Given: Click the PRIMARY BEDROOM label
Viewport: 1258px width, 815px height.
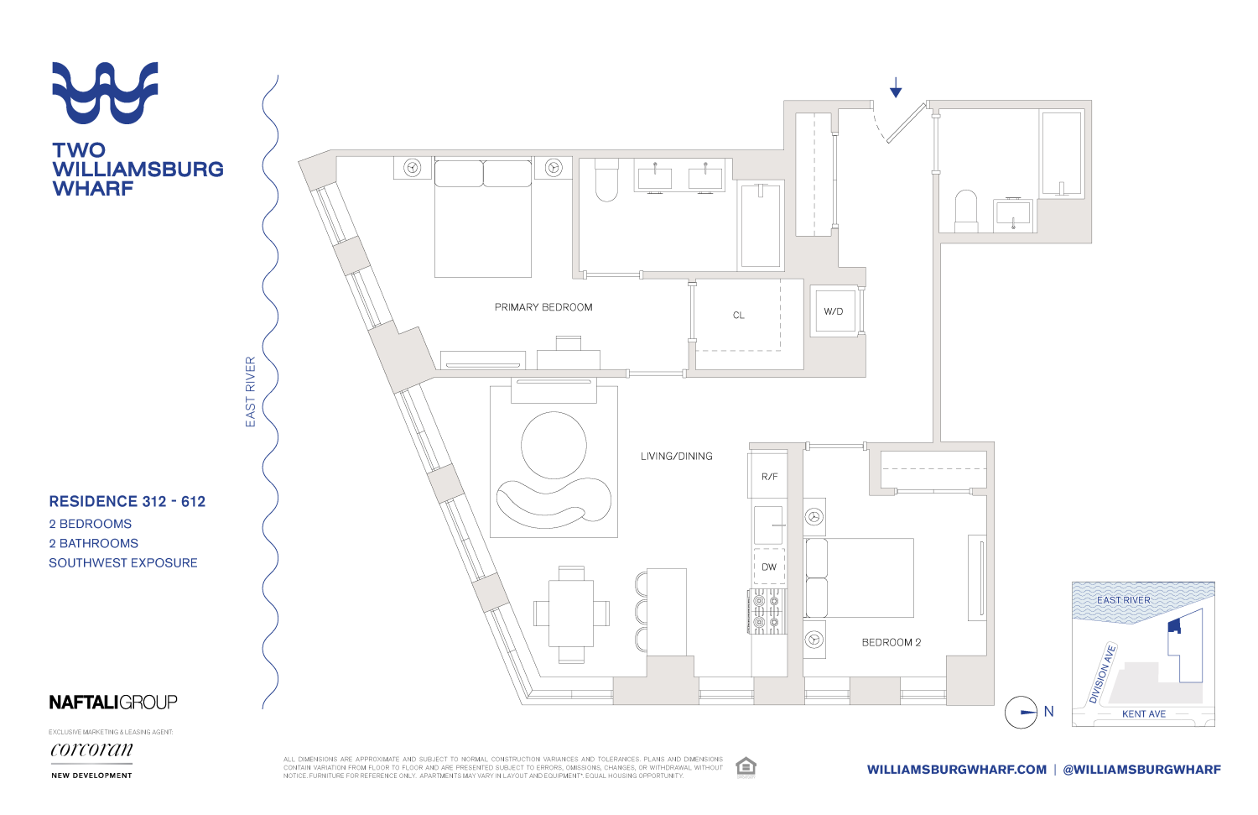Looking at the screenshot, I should (x=543, y=307).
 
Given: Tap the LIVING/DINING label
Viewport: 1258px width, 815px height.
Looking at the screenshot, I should (x=676, y=457).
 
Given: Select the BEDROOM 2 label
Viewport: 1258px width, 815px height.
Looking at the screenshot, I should (x=891, y=642).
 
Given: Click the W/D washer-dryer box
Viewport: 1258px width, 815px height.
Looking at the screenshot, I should (x=834, y=311).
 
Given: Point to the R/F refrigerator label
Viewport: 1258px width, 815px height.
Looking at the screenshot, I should (x=769, y=477).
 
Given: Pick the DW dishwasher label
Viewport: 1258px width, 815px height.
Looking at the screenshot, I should (x=769, y=567).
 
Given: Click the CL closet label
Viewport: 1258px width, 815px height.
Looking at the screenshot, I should (x=738, y=316).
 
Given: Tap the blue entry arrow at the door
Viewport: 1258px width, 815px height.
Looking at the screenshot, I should (x=896, y=87).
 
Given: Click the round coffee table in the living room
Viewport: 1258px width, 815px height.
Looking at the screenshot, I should (x=554, y=445).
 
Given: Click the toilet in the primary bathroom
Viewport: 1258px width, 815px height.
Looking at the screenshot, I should (x=606, y=180).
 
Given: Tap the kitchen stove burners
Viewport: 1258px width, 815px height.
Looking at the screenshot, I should (x=767, y=611).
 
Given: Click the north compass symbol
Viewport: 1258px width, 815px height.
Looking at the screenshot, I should (x=1021, y=713).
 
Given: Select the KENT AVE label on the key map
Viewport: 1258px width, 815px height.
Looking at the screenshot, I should (x=1144, y=714).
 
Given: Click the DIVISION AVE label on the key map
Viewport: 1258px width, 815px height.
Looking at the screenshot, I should (x=1102, y=674).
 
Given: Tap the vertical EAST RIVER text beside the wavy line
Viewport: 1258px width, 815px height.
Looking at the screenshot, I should (x=250, y=392).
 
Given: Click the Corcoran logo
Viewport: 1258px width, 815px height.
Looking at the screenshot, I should (x=91, y=750).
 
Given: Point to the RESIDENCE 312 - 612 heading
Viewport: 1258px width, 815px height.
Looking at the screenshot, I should (x=127, y=502).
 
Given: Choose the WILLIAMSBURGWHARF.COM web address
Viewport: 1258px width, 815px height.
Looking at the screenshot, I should (x=957, y=770).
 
